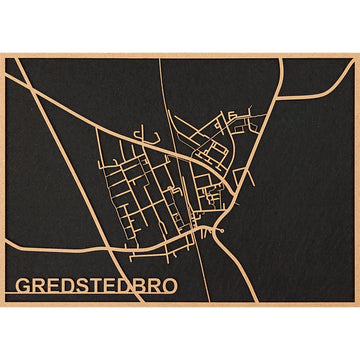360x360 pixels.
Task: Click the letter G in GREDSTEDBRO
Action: pyautogui.click(x=23, y=285)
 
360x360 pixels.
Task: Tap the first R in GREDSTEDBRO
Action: pyautogui.click(x=39, y=285)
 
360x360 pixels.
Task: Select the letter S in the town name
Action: pyautogui.click(x=83, y=285)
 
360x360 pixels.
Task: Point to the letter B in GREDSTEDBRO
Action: pyautogui.click(x=139, y=285)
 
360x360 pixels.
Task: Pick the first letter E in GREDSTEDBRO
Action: pyautogui.click(x=54, y=285)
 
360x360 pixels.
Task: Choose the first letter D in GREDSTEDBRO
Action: pyautogui.click(x=68, y=285)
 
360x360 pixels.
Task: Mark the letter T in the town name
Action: pyautogui.click(x=97, y=285)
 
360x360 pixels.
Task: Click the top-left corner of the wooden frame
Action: pyautogui.click(x=2, y=53)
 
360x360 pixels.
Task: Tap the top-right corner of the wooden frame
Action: pyautogui.click(x=357, y=53)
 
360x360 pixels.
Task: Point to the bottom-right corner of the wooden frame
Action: pyautogui.click(x=357, y=305)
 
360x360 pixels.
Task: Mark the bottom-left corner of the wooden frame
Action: pyautogui.click(x=2, y=305)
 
